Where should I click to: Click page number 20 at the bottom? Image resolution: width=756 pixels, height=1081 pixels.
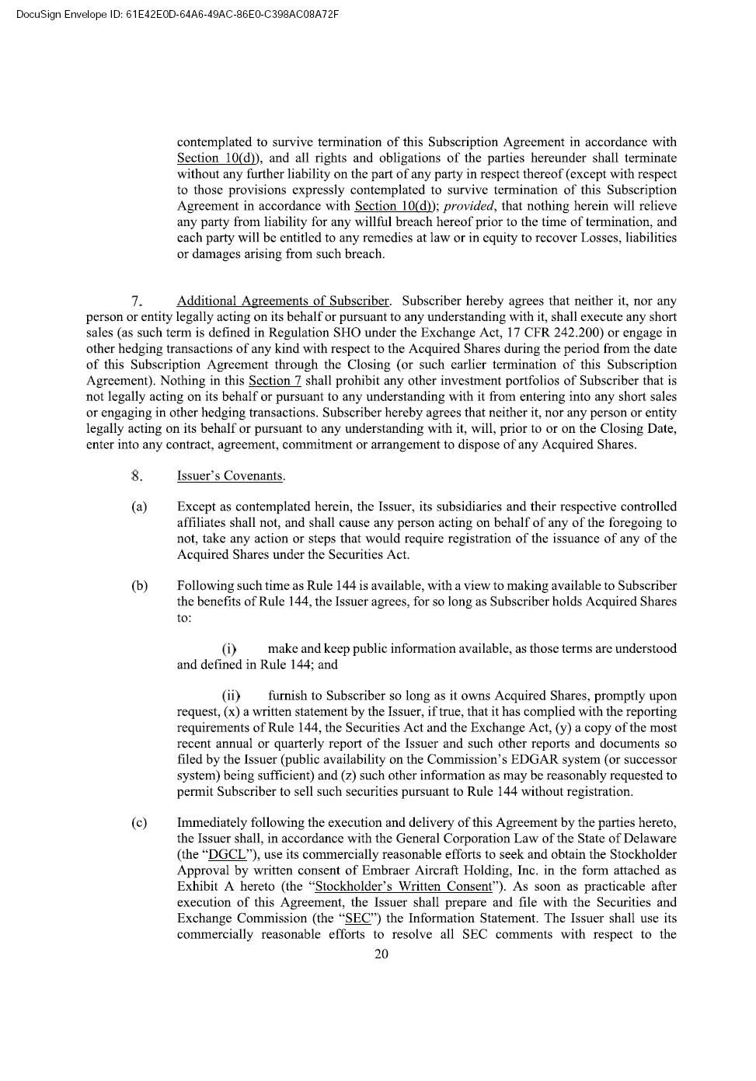click(381, 954)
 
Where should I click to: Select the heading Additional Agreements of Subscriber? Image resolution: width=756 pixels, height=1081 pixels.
click(283, 301)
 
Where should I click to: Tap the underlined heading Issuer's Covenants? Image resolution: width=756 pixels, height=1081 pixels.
click(230, 476)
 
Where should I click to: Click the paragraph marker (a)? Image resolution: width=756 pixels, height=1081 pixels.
click(139, 507)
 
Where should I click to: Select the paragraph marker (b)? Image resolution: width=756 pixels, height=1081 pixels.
click(139, 586)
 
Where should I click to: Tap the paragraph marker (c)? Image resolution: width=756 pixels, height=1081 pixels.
click(139, 823)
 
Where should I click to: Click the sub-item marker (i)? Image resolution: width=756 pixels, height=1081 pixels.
click(229, 649)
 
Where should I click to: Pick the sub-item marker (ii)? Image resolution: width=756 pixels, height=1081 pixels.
click(232, 696)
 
